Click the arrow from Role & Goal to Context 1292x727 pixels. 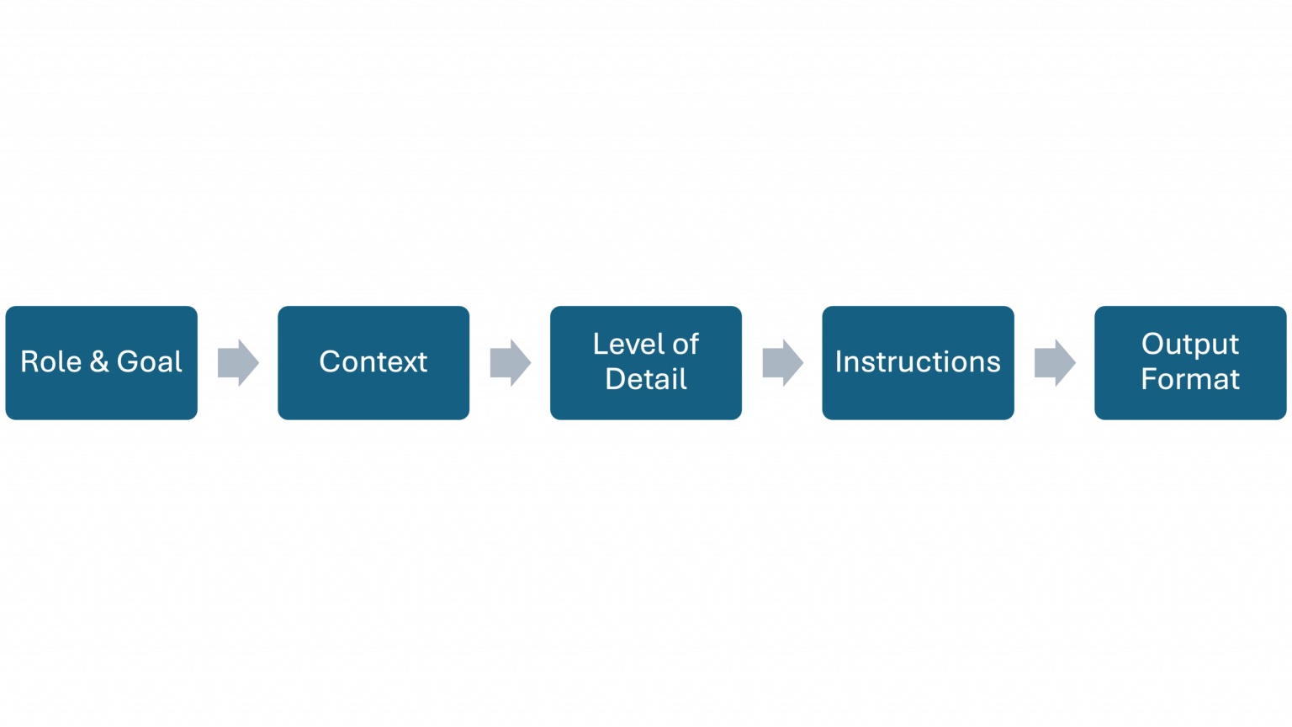pos(238,363)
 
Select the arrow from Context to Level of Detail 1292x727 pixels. pos(511,363)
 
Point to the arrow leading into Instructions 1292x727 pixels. pos(782,363)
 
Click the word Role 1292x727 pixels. pos(50,362)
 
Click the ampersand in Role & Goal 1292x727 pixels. pos(99,362)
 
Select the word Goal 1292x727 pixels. pos(149,362)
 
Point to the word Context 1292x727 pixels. pos(373,362)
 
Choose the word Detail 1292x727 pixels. pos(646,380)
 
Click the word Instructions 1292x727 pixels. pos(918,362)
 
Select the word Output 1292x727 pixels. pos(1189,345)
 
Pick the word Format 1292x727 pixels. pos(1189,380)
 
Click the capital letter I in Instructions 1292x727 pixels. pos(839,362)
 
